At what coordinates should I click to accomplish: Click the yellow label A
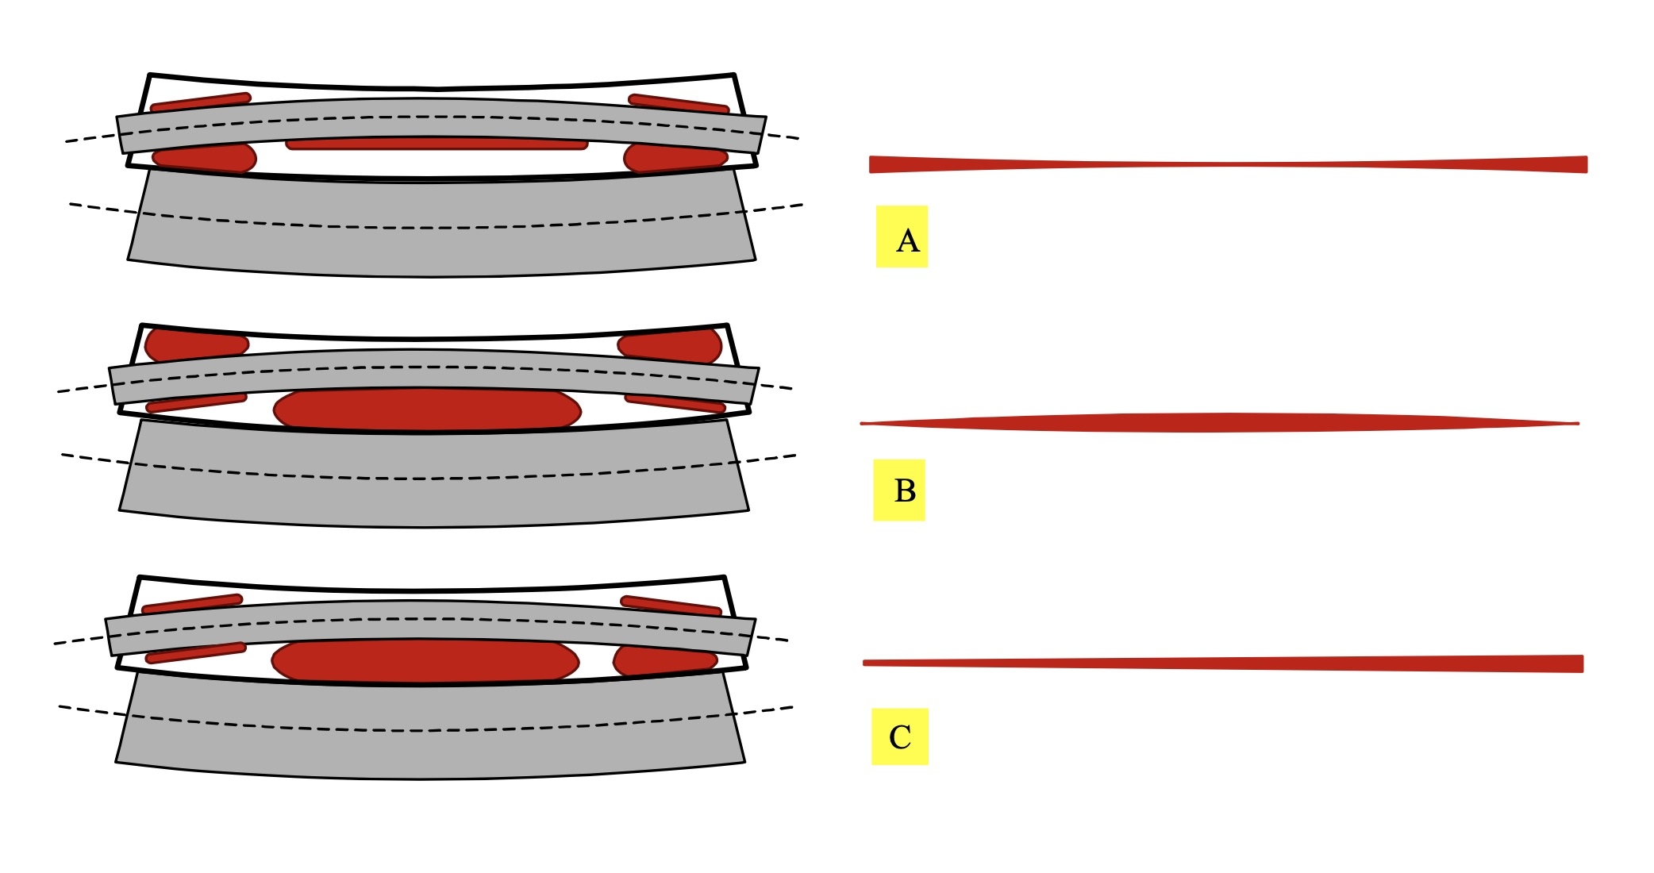pos(902,237)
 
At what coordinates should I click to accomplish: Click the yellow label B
pos(899,490)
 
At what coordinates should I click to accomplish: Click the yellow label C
pos(900,736)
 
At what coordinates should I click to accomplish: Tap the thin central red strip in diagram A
pos(437,144)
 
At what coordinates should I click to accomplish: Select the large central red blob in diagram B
pos(427,410)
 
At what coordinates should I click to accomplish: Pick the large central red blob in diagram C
pos(425,660)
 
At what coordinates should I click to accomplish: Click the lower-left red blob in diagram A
pos(204,158)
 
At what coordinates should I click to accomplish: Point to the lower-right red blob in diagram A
pos(675,158)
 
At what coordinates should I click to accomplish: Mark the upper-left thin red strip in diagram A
pos(201,103)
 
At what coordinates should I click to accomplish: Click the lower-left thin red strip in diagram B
pos(197,402)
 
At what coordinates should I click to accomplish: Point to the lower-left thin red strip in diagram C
pos(196,652)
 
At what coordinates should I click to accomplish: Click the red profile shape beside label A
pos(1228,164)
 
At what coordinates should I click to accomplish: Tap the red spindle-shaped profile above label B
pos(1220,423)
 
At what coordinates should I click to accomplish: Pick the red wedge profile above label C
pos(1223,663)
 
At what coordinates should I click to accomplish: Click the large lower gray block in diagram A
pos(441,226)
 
